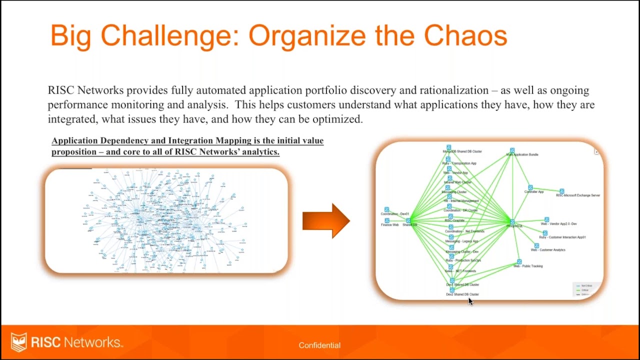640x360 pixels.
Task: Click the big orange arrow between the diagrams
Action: [x=326, y=220]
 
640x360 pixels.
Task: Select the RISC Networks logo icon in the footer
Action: [x=19, y=342]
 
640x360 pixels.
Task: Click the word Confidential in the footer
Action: [x=319, y=345]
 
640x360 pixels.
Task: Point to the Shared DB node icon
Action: [x=408, y=220]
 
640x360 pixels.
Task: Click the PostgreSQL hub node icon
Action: [x=512, y=221]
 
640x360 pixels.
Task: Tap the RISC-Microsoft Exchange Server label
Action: [x=578, y=195]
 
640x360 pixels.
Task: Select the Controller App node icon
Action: [x=530, y=187]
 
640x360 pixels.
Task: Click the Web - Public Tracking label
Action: [x=527, y=266]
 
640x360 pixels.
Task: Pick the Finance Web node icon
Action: [x=386, y=220]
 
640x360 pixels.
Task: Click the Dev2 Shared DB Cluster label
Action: [x=462, y=294]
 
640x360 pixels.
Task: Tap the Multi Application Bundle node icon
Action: [x=512, y=150]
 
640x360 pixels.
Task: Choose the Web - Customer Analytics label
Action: [x=548, y=250]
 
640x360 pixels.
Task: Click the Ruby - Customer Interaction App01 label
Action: [x=562, y=237]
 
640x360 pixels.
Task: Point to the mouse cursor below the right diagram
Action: [x=470, y=301]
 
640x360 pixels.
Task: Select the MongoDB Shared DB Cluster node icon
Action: [x=448, y=147]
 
